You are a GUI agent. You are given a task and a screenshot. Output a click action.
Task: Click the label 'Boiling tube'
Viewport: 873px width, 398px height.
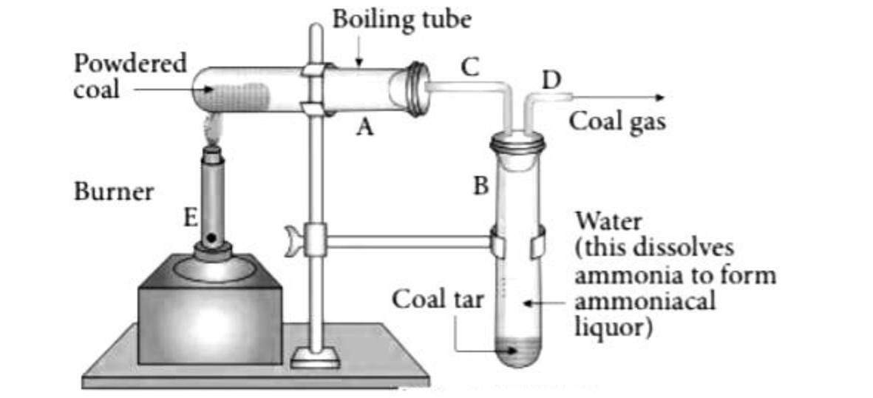coord(401,18)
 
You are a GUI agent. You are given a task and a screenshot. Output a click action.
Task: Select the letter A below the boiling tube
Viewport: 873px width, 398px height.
coord(364,129)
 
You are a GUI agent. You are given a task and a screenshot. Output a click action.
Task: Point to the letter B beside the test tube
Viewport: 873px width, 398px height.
coord(480,185)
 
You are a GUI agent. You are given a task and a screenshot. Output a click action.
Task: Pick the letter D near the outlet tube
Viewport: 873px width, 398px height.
coord(551,79)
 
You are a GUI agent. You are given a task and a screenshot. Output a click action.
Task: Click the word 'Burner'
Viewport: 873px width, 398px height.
coord(114,192)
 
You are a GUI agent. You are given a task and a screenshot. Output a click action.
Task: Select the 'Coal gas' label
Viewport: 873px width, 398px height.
coord(616,122)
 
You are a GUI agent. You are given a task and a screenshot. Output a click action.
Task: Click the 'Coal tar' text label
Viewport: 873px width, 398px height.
coord(438,300)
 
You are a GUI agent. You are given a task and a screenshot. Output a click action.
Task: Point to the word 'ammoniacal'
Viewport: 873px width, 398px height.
coord(644,302)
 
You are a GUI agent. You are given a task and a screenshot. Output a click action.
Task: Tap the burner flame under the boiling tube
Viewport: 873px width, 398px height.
coord(211,132)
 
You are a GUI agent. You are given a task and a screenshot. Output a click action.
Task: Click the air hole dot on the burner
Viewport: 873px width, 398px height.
coord(212,238)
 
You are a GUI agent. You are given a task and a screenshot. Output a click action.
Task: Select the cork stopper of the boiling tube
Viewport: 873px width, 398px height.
coord(417,83)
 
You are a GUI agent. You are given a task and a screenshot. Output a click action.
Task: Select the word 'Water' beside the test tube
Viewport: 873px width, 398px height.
coord(608,220)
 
